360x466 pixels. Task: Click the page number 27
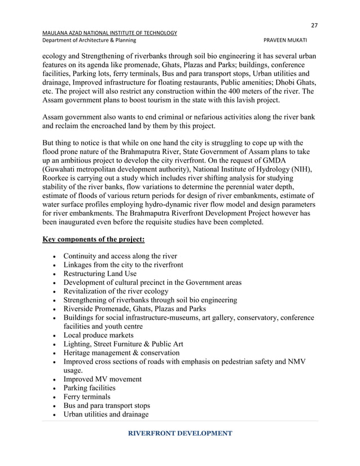314,25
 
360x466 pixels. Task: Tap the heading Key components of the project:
94,239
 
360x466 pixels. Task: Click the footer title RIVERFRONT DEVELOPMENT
180,433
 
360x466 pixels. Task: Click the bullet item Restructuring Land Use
107,274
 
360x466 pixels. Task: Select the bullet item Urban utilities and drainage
106,415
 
